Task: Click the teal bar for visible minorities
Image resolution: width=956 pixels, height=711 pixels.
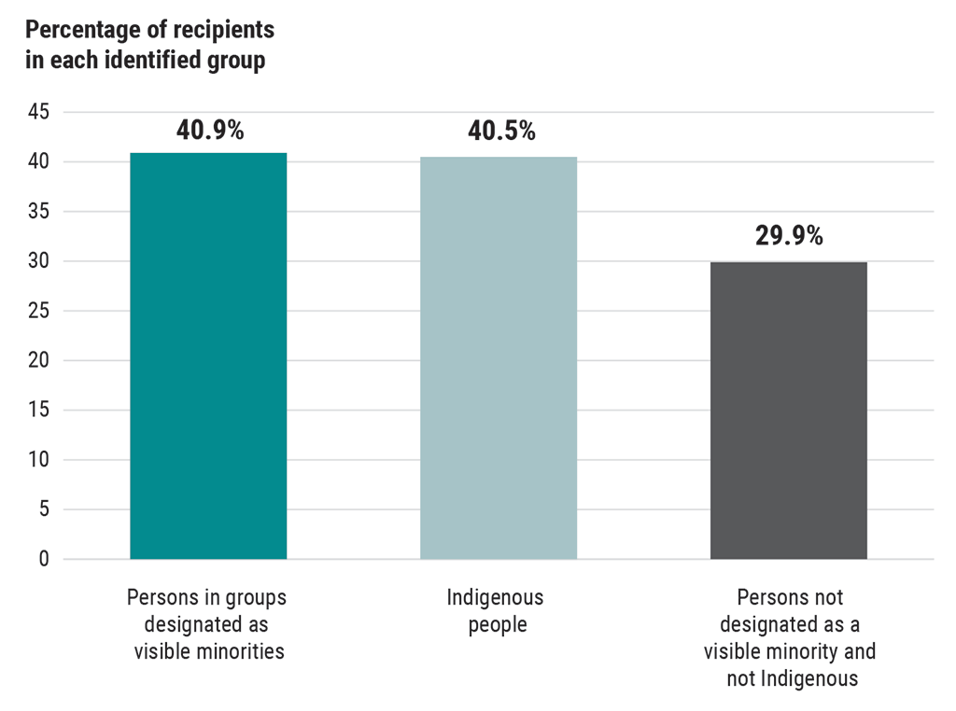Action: point(208,355)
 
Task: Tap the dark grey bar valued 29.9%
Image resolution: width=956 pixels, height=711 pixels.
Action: point(789,411)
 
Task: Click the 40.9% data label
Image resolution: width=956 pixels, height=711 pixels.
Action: point(210,131)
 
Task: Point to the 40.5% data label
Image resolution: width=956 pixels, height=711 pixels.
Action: point(501,131)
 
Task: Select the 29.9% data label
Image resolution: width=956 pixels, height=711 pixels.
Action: point(789,236)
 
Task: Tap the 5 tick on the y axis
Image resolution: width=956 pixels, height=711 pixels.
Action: point(44,509)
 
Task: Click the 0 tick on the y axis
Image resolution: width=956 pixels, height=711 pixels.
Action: point(44,559)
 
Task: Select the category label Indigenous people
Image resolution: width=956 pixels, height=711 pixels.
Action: point(497,610)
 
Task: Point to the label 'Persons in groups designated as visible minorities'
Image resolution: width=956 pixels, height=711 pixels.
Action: point(208,623)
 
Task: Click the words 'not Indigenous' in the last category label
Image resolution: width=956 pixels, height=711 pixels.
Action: point(792,678)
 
